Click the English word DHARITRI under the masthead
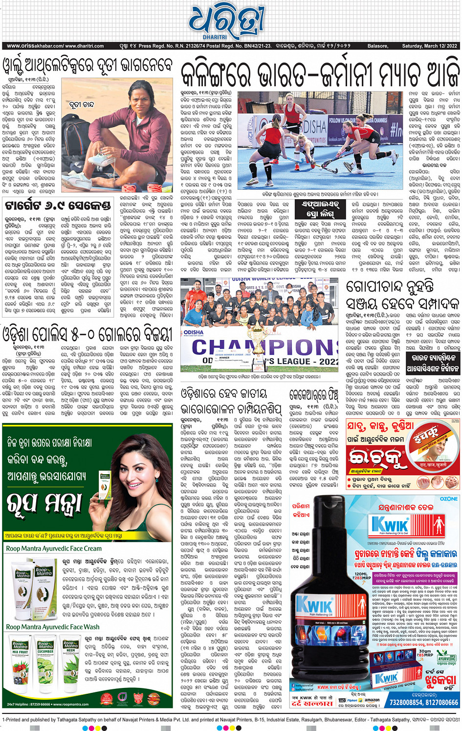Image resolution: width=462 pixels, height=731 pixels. (215, 37)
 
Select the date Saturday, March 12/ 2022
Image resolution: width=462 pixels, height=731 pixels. (429, 46)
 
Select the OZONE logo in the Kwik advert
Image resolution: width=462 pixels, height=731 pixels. (448, 499)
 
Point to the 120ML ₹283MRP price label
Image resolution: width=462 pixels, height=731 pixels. (362, 576)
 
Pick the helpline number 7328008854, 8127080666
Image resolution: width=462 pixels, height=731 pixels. (424, 702)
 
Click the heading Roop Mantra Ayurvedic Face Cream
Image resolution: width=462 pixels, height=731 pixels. (54, 548)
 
